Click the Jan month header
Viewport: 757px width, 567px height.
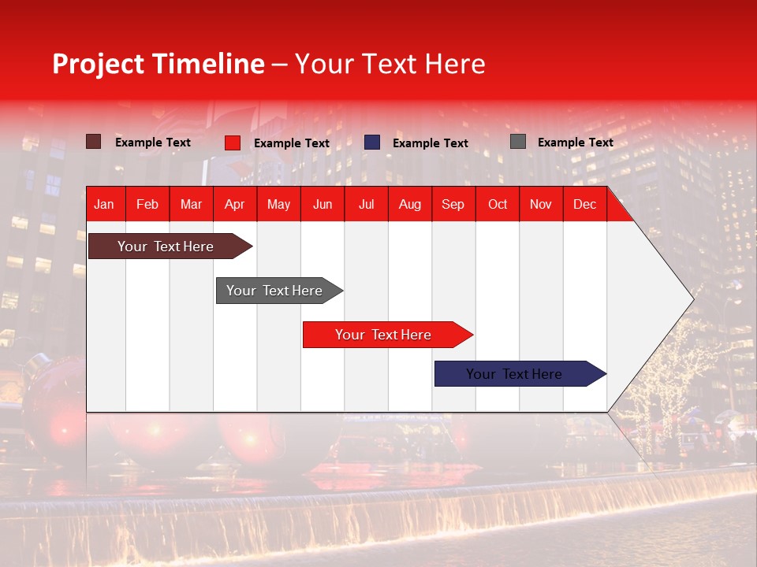104,204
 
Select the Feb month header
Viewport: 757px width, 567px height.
147,204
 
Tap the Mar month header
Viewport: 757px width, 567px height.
191,204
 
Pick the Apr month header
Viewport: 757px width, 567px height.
235,204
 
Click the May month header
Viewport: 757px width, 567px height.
278,204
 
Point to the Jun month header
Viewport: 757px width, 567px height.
323,204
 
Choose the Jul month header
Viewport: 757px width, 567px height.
366,204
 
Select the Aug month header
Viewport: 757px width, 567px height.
410,204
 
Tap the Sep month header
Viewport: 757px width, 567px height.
453,204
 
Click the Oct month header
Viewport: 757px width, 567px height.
498,204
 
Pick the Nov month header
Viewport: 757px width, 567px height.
541,204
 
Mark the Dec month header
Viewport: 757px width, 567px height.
585,204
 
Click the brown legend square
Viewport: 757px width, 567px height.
94,142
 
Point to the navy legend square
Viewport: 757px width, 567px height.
372,143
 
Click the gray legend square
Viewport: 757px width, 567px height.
518,142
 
